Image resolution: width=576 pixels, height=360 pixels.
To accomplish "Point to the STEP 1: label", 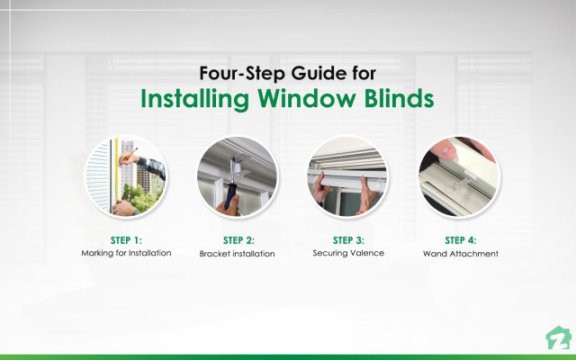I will coord(125,240).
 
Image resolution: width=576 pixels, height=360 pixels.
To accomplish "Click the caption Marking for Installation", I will coord(125,254).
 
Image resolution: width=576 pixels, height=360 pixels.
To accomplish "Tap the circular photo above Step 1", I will coord(125,177).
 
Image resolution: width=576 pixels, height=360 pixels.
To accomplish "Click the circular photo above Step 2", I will coord(237,177).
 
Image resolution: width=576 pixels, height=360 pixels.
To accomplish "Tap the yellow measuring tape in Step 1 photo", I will coord(116,166).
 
